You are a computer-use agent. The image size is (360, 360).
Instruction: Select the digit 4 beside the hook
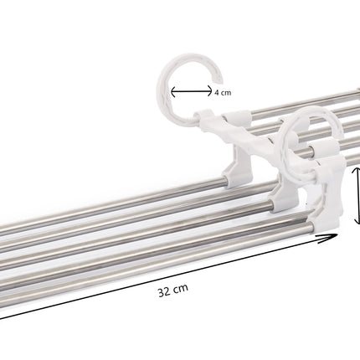217,94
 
